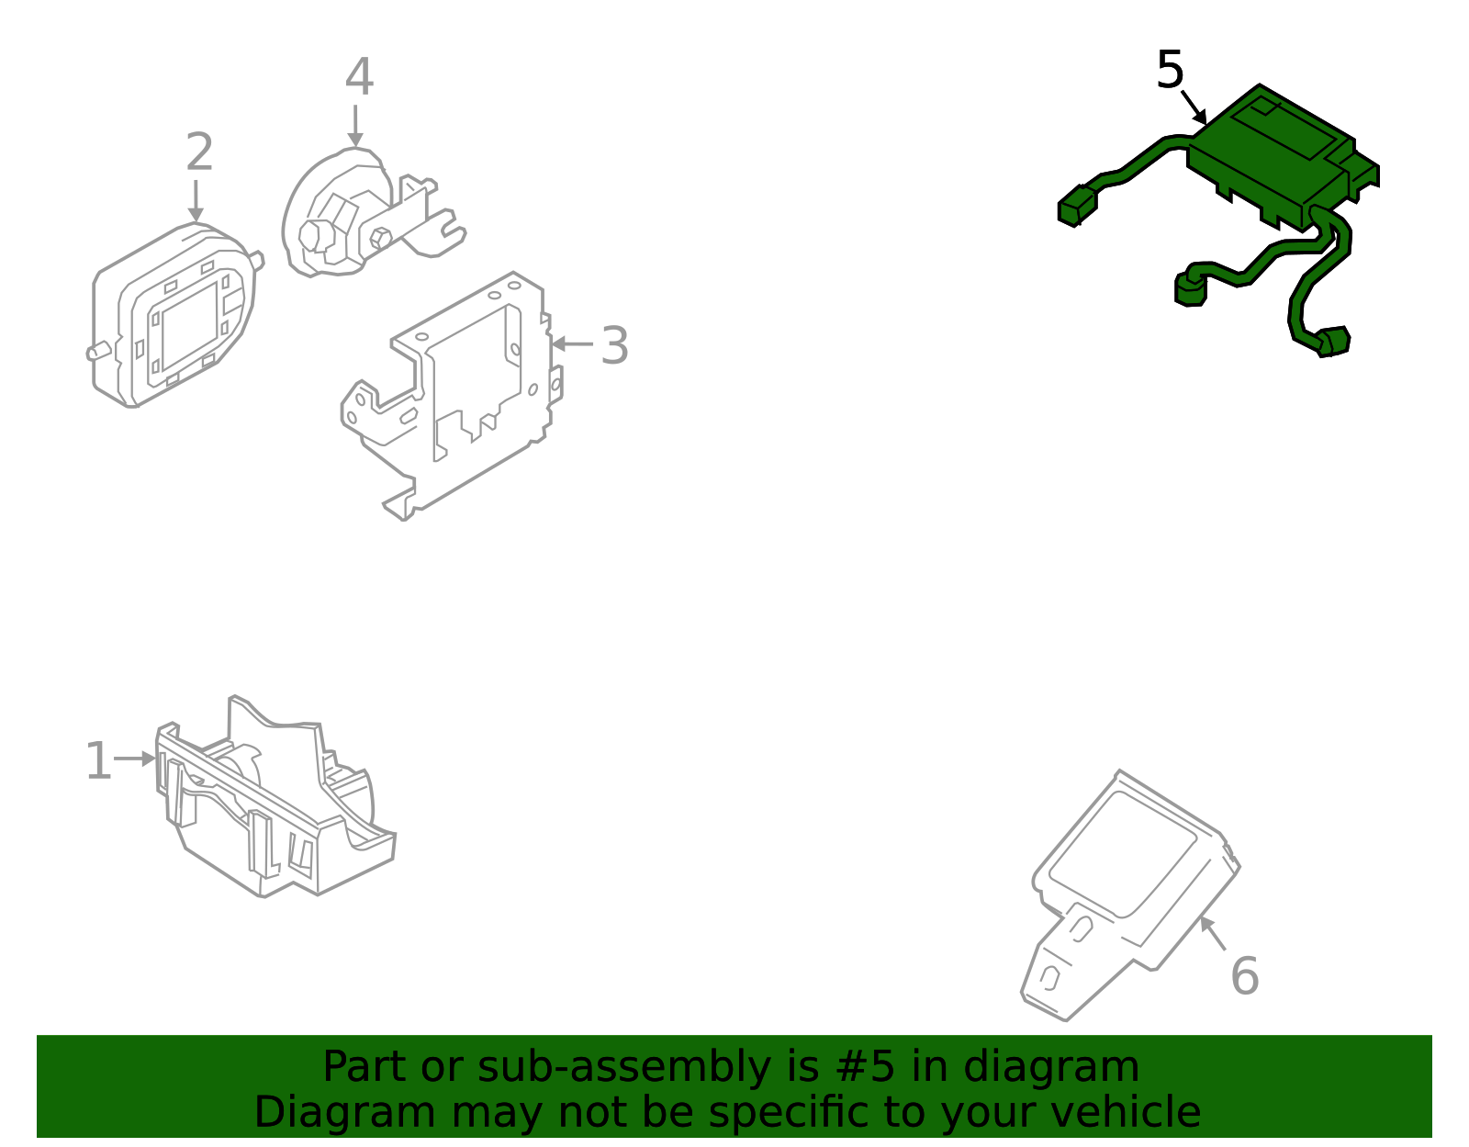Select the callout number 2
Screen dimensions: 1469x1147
tap(199, 152)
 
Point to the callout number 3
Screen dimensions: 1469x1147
tap(614, 346)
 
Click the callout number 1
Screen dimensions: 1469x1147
tap(99, 761)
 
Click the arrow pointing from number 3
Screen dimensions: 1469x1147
tap(573, 344)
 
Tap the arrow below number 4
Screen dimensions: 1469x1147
tap(355, 127)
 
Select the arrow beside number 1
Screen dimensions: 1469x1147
tap(135, 759)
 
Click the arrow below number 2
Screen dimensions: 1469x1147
tap(196, 201)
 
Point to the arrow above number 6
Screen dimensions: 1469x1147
tap(1213, 934)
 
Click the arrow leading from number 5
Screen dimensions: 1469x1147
tap(1194, 107)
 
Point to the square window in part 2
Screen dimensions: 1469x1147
tap(190, 327)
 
